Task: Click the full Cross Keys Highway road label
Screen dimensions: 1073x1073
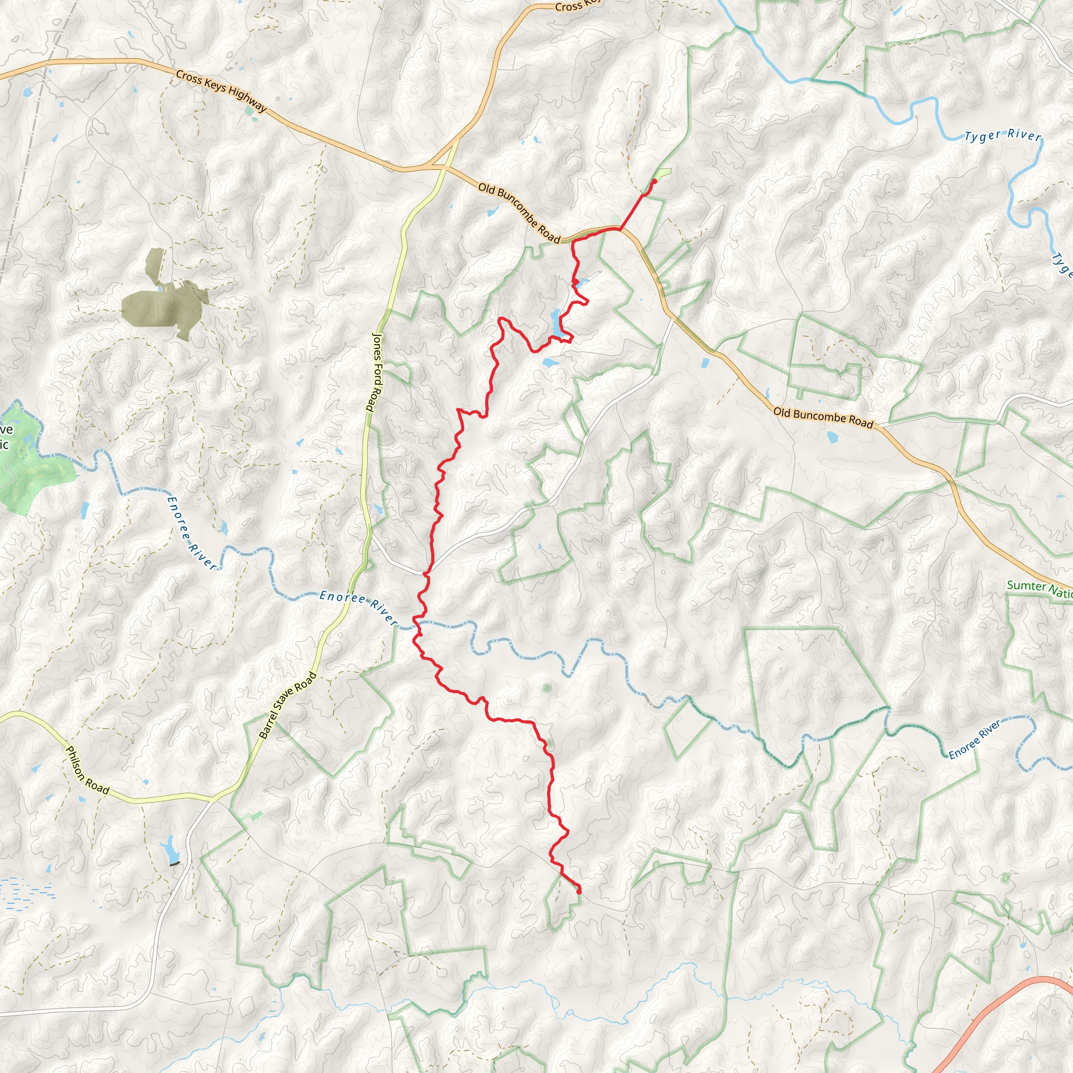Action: point(222,91)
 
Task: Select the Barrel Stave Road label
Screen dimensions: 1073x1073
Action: point(288,705)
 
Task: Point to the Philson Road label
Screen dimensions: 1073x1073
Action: point(87,770)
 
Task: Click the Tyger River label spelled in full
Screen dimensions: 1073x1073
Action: point(1002,136)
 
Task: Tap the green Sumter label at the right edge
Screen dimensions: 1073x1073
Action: point(1038,589)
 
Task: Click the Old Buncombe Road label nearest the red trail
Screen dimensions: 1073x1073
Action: point(519,213)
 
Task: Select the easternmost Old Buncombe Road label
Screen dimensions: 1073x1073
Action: point(823,417)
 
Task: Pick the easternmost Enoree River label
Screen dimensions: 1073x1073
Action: point(974,739)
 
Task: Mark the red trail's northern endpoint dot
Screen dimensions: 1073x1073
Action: point(654,181)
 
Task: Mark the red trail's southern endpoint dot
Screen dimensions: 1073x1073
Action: point(579,892)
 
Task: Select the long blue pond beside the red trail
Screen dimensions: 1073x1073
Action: point(556,323)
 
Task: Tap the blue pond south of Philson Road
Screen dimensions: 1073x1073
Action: point(169,850)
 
